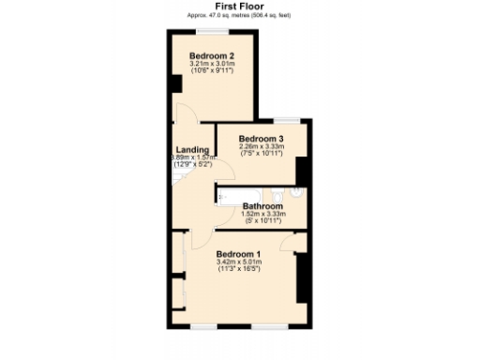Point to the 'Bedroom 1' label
coord(238,254)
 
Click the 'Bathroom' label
coord(262,206)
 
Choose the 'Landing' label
coord(192,149)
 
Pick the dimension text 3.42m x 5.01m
coord(238,262)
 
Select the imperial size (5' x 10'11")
coord(262,222)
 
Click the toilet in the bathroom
coord(295,194)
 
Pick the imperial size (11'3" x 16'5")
coord(238,270)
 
